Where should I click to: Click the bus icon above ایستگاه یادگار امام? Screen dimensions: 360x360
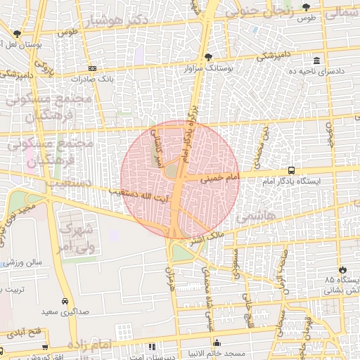[x=292, y=171]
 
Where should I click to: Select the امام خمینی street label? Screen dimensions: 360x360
[x=220, y=179]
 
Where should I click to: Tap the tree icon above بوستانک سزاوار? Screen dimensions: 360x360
[x=207, y=58]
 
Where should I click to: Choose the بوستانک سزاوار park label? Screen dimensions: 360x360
[x=207, y=69]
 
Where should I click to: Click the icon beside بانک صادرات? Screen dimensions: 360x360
[x=92, y=68]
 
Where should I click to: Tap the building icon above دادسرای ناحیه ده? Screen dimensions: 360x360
[x=317, y=60]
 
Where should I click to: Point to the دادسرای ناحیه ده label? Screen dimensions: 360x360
[x=316, y=71]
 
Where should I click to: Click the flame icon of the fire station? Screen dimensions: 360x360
[x=342, y=269]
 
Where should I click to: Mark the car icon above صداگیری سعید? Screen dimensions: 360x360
[x=65, y=301]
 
